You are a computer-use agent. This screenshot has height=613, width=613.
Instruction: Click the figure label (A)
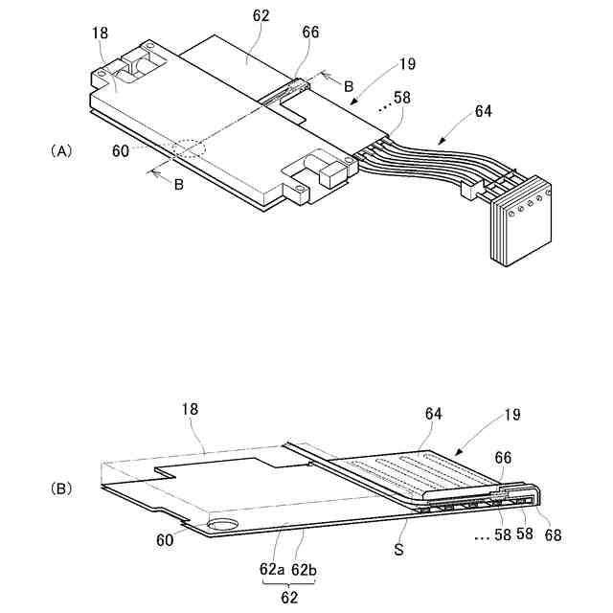[60, 151]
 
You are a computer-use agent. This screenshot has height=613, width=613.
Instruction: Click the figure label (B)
[60, 488]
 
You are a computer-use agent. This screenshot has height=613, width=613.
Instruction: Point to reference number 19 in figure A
[409, 66]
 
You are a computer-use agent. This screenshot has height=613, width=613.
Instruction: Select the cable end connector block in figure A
[517, 221]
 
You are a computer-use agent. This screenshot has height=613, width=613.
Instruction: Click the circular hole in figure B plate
[227, 524]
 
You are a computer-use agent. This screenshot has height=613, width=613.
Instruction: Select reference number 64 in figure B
[435, 414]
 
